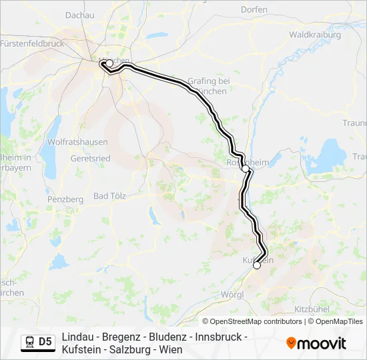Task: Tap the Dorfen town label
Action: pos(254,9)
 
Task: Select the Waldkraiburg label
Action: pos(315,34)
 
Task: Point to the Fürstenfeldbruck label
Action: pos(32,43)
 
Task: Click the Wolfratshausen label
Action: pos(74,141)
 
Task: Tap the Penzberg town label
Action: pos(65,199)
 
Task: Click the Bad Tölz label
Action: pos(110,195)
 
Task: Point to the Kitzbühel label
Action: pos(312,309)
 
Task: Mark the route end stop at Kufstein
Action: pos(257,265)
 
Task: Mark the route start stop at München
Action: pos(109,63)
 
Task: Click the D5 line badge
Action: pos(45,343)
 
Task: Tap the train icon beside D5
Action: pos(30,343)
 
